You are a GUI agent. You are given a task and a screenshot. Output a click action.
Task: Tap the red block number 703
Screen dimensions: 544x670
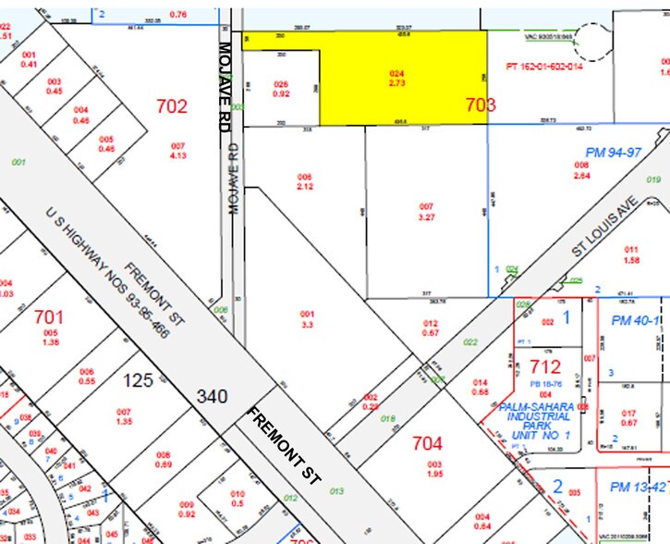[x=481, y=105]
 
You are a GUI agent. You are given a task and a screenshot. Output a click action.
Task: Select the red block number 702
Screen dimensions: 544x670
[x=172, y=106]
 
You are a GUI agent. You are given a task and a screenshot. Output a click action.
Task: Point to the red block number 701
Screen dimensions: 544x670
[x=49, y=316]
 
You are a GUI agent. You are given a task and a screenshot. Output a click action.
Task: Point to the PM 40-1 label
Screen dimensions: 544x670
[x=634, y=320]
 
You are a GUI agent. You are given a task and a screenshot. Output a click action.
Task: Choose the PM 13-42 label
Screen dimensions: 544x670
[x=633, y=487]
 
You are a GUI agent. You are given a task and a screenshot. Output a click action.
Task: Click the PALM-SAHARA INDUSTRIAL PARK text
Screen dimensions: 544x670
[x=537, y=420]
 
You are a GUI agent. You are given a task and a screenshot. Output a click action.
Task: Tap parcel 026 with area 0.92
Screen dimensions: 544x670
[x=282, y=88]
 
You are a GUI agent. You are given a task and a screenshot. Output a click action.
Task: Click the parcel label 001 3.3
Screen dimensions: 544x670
[x=308, y=319]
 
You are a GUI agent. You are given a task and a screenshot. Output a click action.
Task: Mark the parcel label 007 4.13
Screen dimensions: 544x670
[x=178, y=150]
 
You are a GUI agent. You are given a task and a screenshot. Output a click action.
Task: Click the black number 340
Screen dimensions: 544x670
[x=211, y=397]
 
